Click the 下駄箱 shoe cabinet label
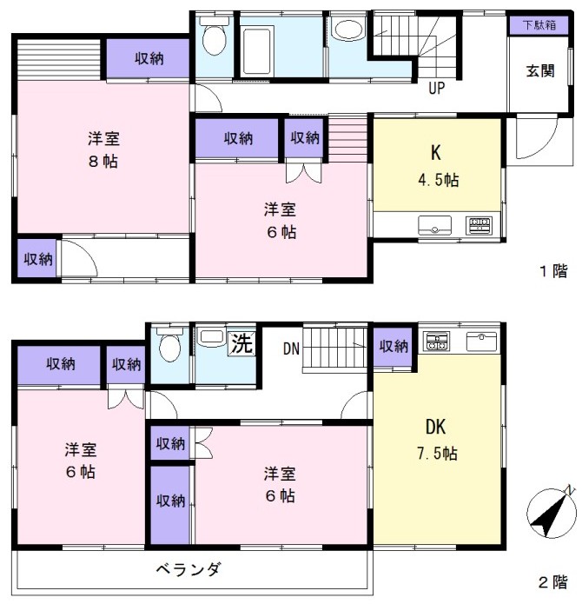pyautogui.click(x=539, y=25)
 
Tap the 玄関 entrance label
pyautogui.click(x=540, y=71)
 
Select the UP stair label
pyautogui.click(x=436, y=89)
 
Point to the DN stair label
pyautogui.click(x=291, y=348)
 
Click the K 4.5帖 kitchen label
pyautogui.click(x=438, y=166)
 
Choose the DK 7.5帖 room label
pyautogui.click(x=437, y=440)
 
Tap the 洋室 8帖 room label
pyautogui.click(x=103, y=149)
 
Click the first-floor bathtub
pyautogui.click(x=257, y=51)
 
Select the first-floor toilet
pyautogui.click(x=214, y=35)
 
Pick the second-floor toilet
pyautogui.click(x=169, y=344)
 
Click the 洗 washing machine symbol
pyautogui.click(x=241, y=342)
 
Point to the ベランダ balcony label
pyautogui.click(x=188, y=569)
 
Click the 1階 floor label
pyautogui.click(x=553, y=271)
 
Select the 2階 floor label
pyautogui.click(x=553, y=581)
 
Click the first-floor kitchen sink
pyautogui.click(x=434, y=225)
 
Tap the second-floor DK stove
pyautogui.click(x=436, y=342)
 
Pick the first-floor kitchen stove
pyautogui.click(x=479, y=226)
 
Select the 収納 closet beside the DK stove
pyautogui.click(x=394, y=347)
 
